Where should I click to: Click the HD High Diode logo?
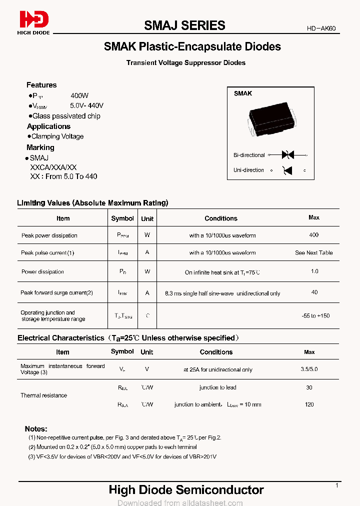pos(34,22)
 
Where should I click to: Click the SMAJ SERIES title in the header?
pos(184,25)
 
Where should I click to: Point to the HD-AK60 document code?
pos(321,29)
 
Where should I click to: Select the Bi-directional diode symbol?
pos(287,155)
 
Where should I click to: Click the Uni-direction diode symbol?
pos(287,170)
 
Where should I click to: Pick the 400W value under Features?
pos(79,95)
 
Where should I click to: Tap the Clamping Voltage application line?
pos(57,136)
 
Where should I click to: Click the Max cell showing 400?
pos(313,235)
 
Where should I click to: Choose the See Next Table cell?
pos(313,253)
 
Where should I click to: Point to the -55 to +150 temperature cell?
pos(315,316)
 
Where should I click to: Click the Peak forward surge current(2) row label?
pos(56,293)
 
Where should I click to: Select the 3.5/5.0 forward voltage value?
pos(309,369)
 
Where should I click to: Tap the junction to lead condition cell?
pos(217,387)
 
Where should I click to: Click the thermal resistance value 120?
pos(309,404)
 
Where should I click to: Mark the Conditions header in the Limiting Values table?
pos(220,218)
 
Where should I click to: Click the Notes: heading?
pos(36,428)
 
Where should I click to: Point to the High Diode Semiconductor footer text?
pos(186,490)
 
